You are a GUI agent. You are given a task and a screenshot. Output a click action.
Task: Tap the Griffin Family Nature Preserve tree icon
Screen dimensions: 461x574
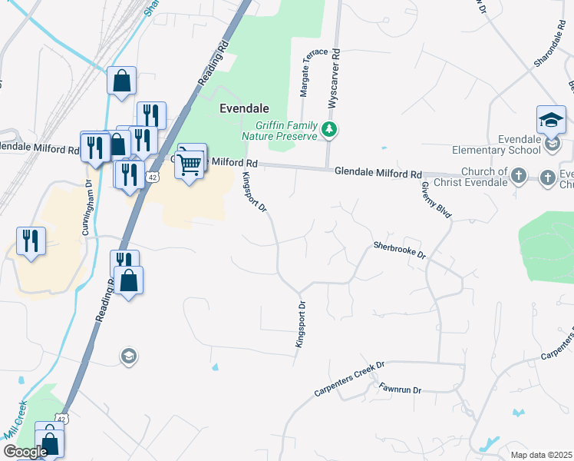pos(329,129)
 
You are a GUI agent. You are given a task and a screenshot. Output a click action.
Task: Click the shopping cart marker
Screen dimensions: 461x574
pos(190,162)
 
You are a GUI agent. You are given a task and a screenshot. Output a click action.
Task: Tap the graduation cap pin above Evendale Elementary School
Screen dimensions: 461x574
pos(551,121)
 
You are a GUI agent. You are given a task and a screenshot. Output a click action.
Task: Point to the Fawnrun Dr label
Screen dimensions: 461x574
pos(401,390)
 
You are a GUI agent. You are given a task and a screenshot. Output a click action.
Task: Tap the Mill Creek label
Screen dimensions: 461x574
pos(16,420)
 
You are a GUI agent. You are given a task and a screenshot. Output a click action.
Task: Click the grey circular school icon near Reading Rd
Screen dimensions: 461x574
pos(128,356)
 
